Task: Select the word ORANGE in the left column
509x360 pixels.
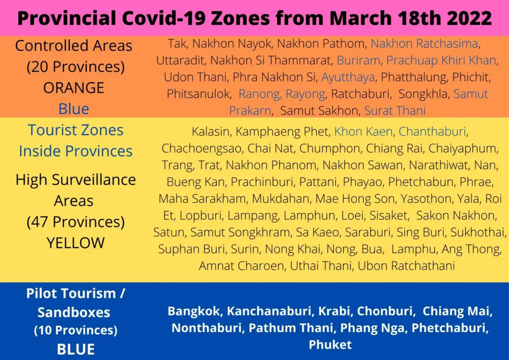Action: pos(74,88)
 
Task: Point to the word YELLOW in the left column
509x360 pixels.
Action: pos(76,243)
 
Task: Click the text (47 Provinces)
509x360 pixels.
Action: pos(76,222)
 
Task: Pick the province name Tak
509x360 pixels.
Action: pos(176,43)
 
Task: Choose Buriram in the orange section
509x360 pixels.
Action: pos(358,60)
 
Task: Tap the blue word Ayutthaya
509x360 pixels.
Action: pos(348,78)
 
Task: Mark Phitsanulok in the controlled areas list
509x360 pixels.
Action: pos(198,94)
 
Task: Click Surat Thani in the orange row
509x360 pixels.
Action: pos(395,111)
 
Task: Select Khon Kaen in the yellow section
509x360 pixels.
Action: pos(363,131)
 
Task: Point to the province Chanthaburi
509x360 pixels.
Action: pos(432,131)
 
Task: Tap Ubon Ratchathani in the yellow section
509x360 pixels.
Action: pos(406,266)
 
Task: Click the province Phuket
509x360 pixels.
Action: pos(330,345)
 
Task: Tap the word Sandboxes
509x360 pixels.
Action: pos(74,312)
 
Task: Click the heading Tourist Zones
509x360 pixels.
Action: pos(76,130)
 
